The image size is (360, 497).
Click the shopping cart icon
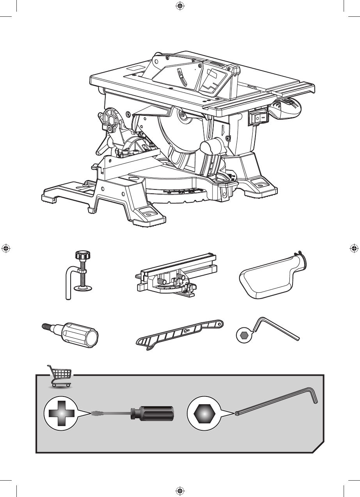click(x=60, y=375)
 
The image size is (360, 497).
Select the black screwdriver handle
click(x=152, y=413)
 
